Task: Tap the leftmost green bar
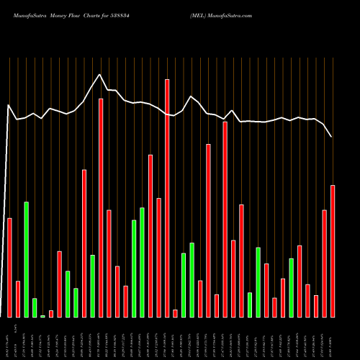pyautogui.click(x=26, y=259)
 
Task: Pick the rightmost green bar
pyautogui.click(x=291, y=287)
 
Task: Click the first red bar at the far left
pyautogui.click(x=9, y=267)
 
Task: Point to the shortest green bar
pyautogui.click(x=42, y=316)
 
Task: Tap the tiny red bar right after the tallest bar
pyautogui.click(x=175, y=313)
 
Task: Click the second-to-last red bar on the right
pyautogui.click(x=324, y=263)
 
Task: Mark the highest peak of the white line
pyautogui.click(x=100, y=74)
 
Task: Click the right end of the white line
pyautogui.click(x=332, y=136)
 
